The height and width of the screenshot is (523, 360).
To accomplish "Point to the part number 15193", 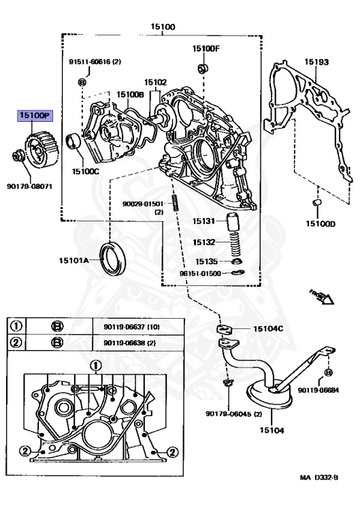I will click(316, 63).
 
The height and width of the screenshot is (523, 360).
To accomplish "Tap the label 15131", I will click(203, 221).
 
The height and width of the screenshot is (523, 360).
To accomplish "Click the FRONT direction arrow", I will click(319, 296).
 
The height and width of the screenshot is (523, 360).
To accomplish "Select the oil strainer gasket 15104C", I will click(227, 330).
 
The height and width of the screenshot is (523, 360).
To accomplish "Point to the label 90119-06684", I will click(321, 390).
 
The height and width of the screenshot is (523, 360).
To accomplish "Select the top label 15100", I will click(163, 27).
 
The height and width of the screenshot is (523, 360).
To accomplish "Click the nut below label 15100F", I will click(203, 68).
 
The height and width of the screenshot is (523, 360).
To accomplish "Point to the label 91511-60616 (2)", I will click(95, 61).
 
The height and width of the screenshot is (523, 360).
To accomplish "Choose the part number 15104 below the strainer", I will click(272, 430).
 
